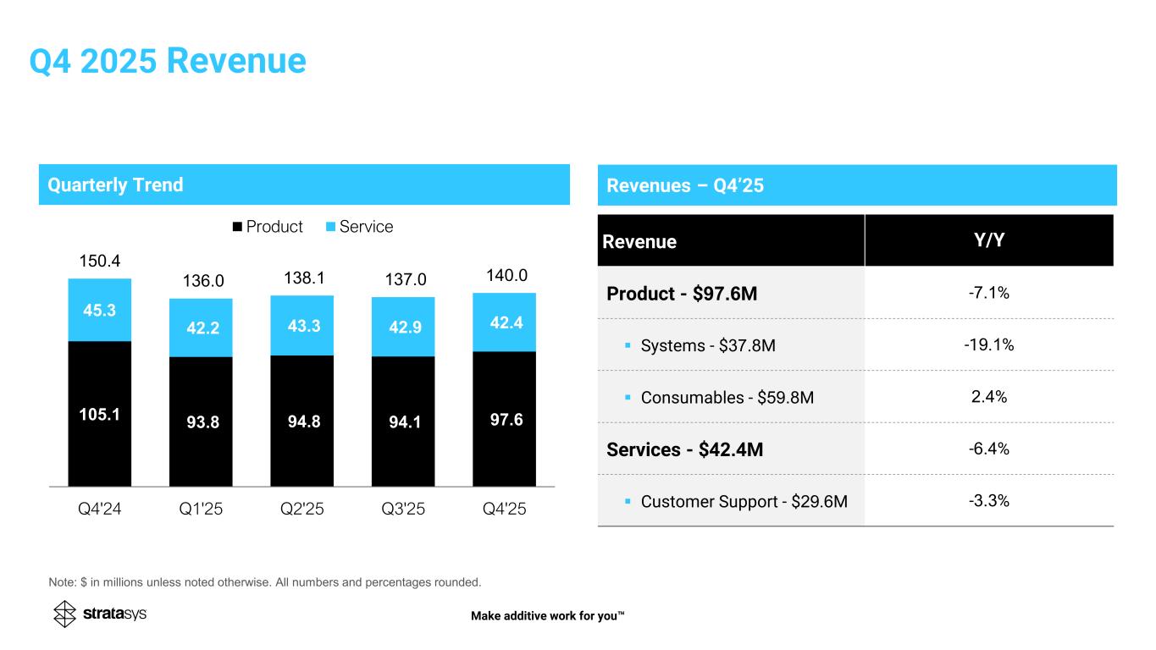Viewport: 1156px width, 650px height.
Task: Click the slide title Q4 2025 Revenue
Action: (167, 61)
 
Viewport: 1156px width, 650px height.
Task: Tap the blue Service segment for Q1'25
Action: (201, 328)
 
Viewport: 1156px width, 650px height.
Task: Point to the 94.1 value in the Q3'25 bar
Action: (402, 420)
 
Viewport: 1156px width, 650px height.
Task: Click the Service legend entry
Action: (360, 227)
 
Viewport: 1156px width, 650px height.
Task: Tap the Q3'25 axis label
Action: (402, 511)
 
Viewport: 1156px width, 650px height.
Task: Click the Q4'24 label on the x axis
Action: (100, 511)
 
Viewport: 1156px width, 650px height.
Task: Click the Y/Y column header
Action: (988, 240)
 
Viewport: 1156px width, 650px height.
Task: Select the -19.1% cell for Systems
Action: (988, 344)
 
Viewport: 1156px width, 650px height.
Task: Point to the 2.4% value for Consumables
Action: (988, 396)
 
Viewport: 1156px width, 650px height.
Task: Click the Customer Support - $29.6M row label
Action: (744, 501)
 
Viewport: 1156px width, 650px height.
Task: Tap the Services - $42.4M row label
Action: (685, 449)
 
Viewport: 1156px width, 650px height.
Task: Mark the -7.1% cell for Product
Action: (988, 293)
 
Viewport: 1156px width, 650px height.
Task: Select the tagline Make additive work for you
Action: (547, 615)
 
